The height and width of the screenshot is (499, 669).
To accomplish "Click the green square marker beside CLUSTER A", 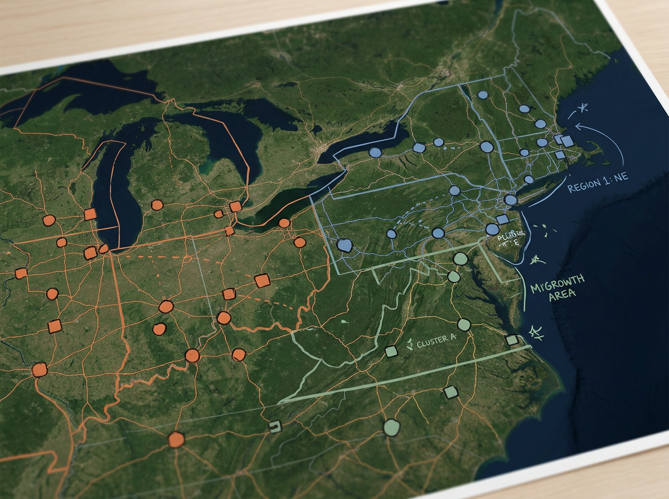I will click(x=391, y=351).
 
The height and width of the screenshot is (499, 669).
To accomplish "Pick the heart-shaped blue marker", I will click(x=345, y=244).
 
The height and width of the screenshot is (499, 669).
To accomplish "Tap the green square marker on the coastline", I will click(x=511, y=340).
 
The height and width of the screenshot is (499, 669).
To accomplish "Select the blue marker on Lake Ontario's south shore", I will click(x=375, y=152).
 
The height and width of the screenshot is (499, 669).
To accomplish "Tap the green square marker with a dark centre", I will click(x=274, y=427).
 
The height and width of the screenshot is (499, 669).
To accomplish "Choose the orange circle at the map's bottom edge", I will click(x=176, y=439).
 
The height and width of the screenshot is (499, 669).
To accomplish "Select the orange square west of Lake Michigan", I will click(x=90, y=214).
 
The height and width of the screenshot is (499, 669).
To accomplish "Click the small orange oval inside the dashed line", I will click(x=219, y=214).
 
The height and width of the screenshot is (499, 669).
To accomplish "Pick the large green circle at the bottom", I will click(x=391, y=427).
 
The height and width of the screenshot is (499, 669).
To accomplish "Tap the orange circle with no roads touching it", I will click(x=159, y=329).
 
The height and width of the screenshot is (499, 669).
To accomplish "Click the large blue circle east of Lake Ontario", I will click(x=487, y=147).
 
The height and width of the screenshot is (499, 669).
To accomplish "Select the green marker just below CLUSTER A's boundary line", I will click(x=450, y=392).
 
